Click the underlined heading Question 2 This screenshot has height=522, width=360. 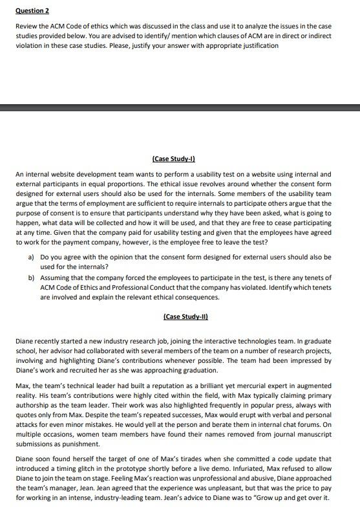point(32,11)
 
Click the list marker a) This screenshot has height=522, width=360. point(31,257)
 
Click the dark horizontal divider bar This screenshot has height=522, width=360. point(180,107)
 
